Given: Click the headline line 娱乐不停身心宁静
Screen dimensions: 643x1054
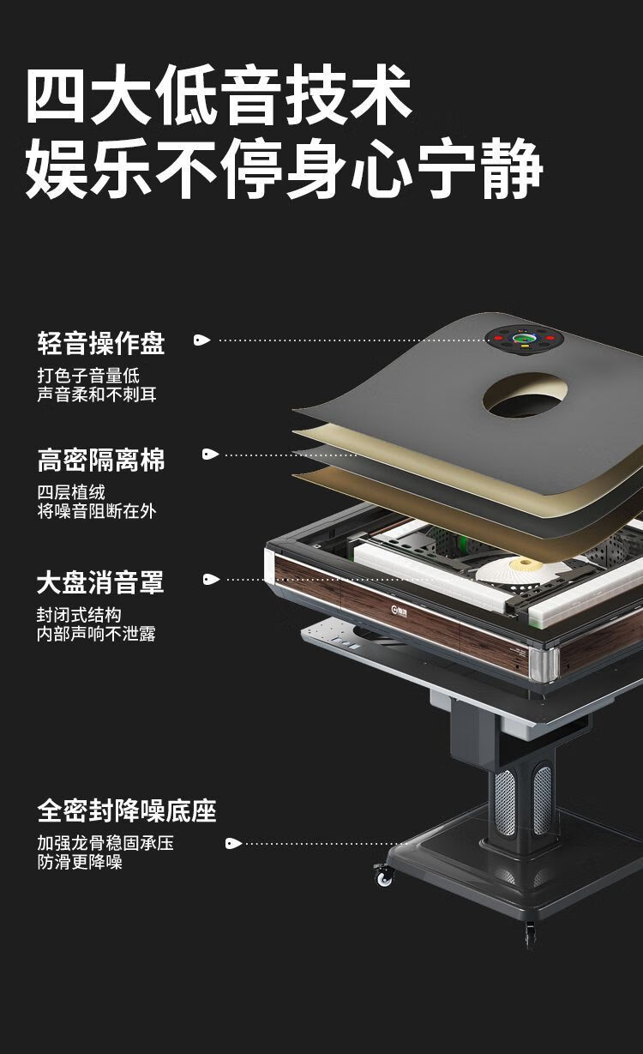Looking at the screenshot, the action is pos(283,170).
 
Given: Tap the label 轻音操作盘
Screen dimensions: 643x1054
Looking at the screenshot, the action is pos(100,343).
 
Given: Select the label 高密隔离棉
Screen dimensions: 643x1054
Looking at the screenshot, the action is pos(100,460).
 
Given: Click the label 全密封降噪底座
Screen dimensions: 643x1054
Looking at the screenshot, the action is pos(126,810).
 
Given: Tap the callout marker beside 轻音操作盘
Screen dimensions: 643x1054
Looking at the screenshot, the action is pos(201,340).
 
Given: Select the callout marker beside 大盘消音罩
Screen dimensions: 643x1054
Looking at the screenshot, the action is pos(211,579).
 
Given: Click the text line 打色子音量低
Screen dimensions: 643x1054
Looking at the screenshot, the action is pos(88,376).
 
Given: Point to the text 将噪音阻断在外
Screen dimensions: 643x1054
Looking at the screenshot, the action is pos(96,511).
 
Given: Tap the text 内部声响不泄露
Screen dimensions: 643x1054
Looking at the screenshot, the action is pos(96,634).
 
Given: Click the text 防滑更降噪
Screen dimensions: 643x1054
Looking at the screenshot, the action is pos(79,862).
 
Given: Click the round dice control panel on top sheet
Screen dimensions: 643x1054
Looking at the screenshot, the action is pos(523,338).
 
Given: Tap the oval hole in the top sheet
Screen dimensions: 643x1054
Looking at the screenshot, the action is pos(526,394).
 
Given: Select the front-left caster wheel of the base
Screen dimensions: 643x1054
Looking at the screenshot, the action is pos(383,875).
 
